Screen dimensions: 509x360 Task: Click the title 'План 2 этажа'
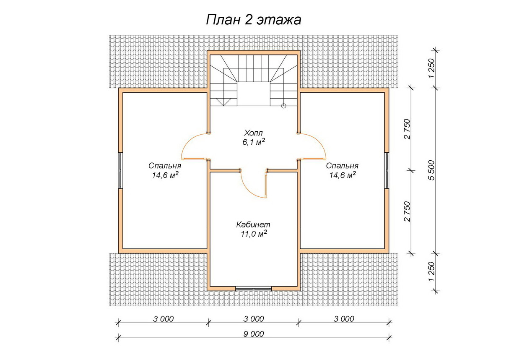[x=254, y=20]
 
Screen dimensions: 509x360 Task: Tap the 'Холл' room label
[x=253, y=133]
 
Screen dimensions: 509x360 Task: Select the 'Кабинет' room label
[x=253, y=225]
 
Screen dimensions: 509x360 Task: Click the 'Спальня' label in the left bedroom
[x=165, y=166]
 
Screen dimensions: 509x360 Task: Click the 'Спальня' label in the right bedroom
[x=342, y=166]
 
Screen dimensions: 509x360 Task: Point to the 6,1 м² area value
[x=254, y=142]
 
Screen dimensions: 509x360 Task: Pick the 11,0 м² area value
[x=254, y=234]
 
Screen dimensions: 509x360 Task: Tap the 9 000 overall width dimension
[x=254, y=334]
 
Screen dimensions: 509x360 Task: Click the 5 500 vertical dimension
[x=431, y=170]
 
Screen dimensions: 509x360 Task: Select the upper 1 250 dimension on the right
[x=431, y=68]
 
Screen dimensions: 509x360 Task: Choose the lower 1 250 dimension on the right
[x=431, y=272]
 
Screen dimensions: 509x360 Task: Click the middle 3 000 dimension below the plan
[x=254, y=319]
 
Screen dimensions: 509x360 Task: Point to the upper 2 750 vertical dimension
[x=407, y=129]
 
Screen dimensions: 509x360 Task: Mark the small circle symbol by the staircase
[x=283, y=106]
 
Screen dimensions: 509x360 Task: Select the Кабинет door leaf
[x=266, y=185]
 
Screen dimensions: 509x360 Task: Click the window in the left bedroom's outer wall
[x=120, y=170]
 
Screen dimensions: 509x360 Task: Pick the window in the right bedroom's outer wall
[x=387, y=170]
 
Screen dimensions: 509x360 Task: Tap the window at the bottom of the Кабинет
[x=254, y=289]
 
